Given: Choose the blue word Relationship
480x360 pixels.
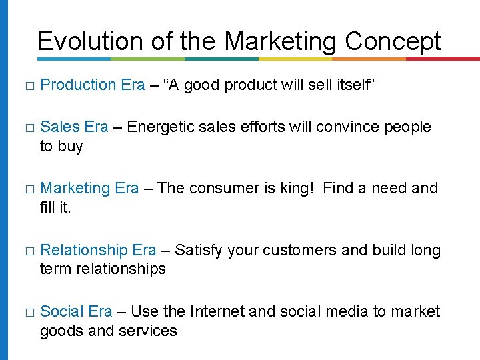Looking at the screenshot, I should [x=84, y=250].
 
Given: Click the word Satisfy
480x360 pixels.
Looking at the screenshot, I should [x=199, y=250].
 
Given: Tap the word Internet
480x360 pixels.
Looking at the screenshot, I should [x=219, y=311].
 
